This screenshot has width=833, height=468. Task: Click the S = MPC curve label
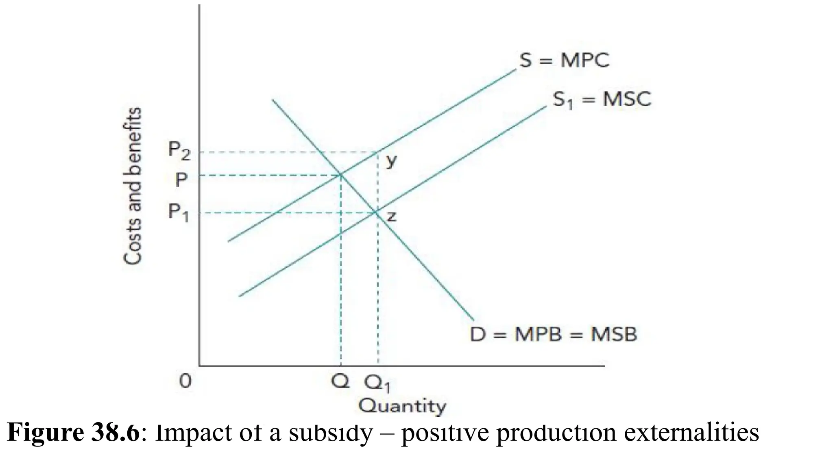(x=565, y=61)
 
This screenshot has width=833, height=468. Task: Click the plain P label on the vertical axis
(x=181, y=179)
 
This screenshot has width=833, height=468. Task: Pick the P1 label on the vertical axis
(x=179, y=212)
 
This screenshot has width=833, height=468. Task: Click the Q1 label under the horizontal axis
(x=377, y=383)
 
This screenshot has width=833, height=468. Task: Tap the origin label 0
(x=185, y=381)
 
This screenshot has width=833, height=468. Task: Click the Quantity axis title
(x=402, y=405)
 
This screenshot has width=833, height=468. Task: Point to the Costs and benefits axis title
(x=133, y=186)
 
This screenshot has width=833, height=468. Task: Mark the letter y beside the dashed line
(x=391, y=161)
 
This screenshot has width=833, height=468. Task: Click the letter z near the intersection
(x=391, y=217)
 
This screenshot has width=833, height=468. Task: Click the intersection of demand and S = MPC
(x=340, y=175)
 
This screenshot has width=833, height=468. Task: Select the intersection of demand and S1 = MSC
(x=377, y=212)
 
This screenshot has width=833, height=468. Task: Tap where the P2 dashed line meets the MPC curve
(x=378, y=152)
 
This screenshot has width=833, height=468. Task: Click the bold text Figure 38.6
(x=73, y=432)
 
